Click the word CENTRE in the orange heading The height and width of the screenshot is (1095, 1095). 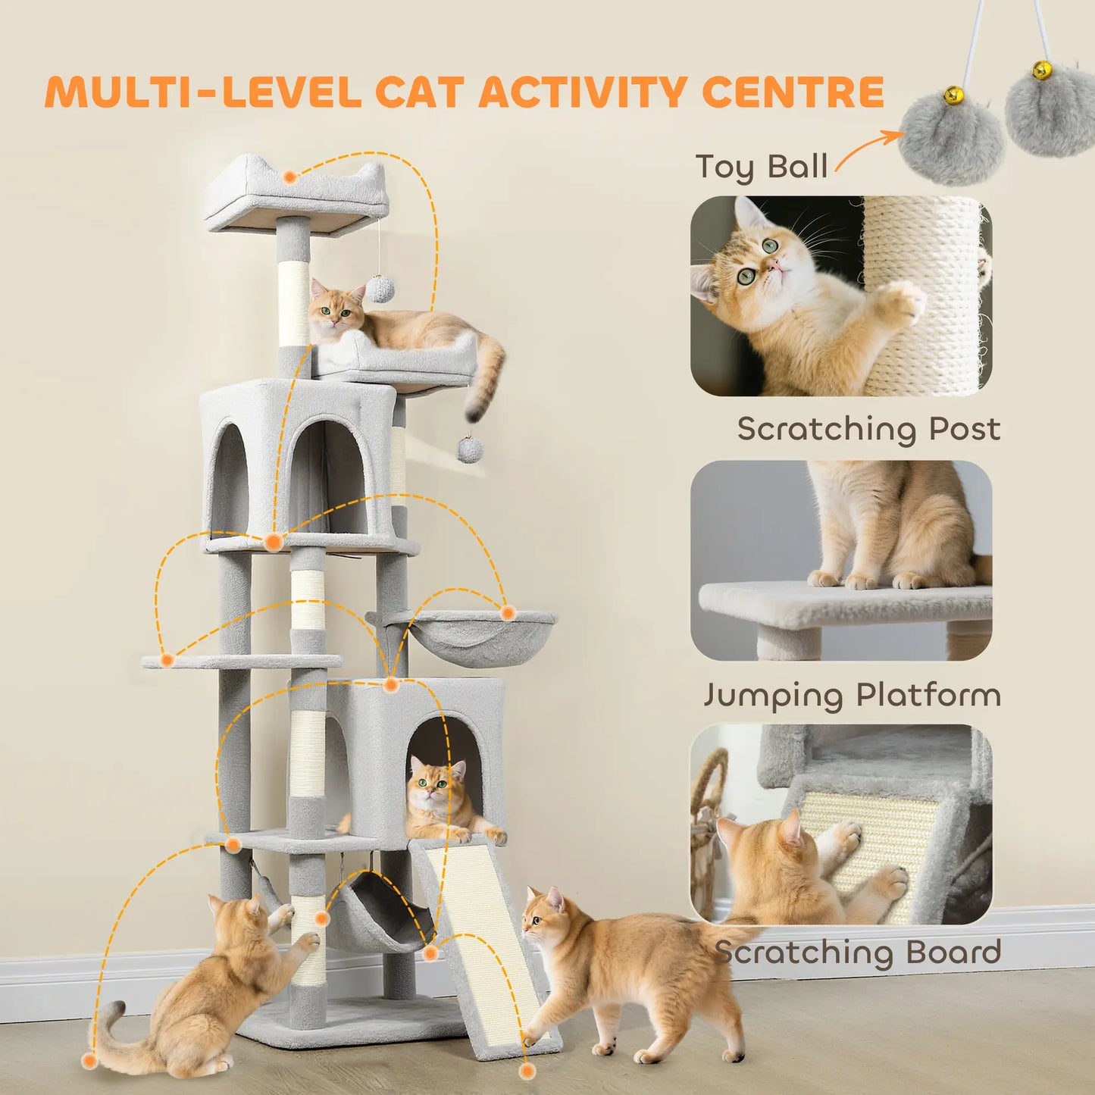click(793, 92)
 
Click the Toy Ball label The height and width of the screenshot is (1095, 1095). click(761, 167)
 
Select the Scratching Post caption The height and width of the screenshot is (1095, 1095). click(868, 429)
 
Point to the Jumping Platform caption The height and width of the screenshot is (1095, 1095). click(852, 695)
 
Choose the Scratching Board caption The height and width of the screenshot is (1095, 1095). click(858, 953)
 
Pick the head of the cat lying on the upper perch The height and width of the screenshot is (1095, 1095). click(334, 309)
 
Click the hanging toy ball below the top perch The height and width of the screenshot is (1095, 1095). click(380, 289)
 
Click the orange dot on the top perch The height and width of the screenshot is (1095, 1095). click(289, 177)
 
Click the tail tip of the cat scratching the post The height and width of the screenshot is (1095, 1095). click(114, 1010)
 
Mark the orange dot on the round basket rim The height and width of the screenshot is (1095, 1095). click(508, 612)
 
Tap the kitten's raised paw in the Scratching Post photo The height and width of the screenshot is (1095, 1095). click(902, 303)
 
